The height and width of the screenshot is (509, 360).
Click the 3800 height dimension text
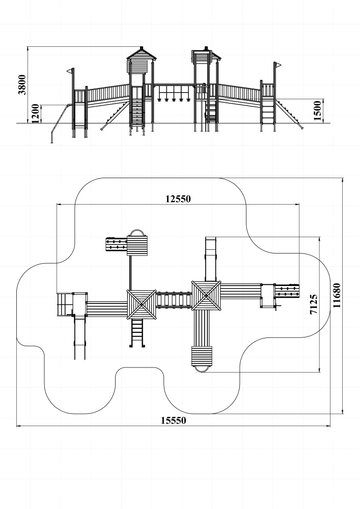point(22,84)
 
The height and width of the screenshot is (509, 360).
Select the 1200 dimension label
point(35,114)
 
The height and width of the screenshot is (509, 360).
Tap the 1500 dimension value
point(317,110)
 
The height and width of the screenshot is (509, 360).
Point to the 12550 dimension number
point(178,199)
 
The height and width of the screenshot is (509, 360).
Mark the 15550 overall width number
point(174,420)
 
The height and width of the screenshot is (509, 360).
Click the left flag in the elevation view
point(70,71)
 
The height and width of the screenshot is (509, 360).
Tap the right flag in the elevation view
point(278,65)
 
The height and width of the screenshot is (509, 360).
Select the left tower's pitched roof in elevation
point(142,53)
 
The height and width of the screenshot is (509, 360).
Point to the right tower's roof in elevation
point(206,52)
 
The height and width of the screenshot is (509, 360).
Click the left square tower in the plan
point(142,304)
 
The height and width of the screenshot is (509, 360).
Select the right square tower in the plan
point(206,295)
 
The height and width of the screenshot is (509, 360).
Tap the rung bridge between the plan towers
point(174,300)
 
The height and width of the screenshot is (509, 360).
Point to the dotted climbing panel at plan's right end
point(287,291)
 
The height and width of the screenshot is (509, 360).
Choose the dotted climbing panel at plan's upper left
point(116,244)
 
